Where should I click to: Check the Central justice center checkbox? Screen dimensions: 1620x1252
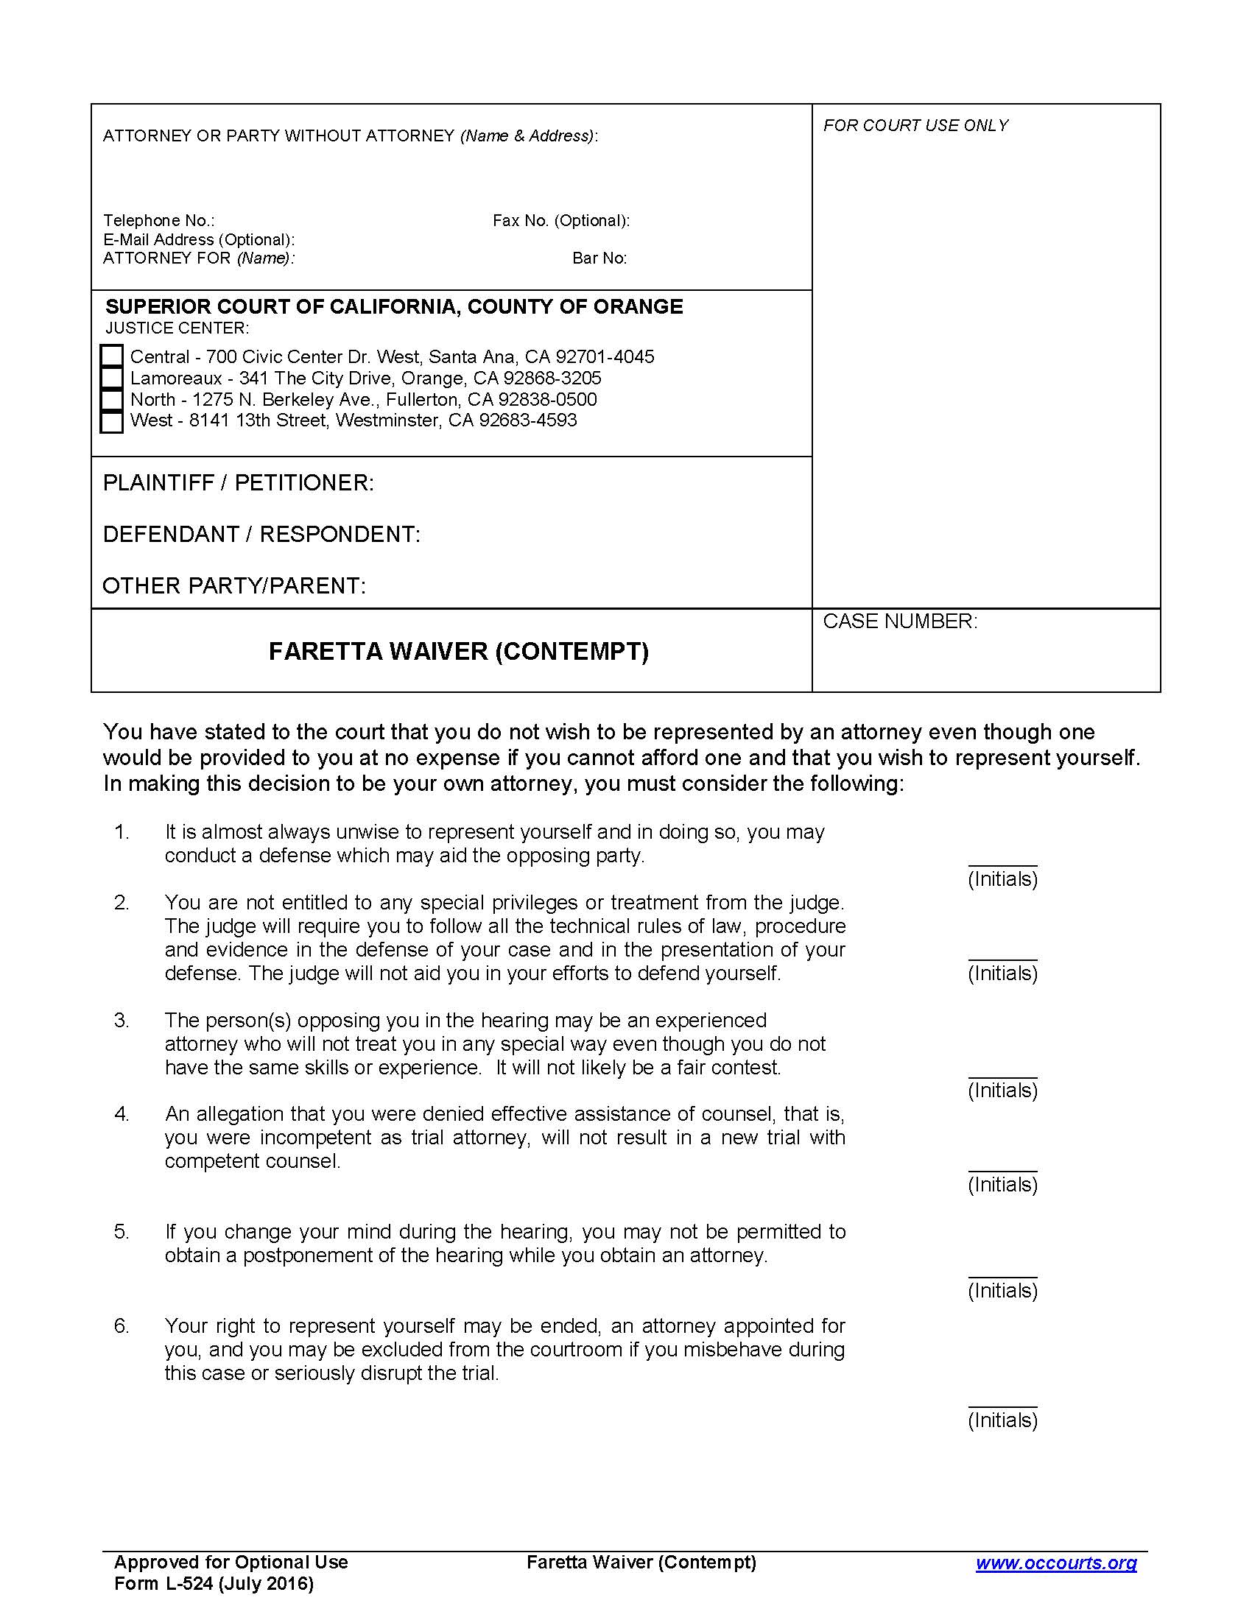(111, 356)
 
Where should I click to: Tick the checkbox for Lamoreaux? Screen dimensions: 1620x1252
(111, 378)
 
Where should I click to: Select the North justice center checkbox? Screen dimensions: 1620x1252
(111, 400)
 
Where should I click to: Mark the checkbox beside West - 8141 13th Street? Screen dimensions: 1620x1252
(111, 421)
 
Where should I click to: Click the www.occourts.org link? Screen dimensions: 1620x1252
(1055, 1563)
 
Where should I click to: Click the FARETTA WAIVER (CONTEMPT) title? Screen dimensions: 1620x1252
(458, 651)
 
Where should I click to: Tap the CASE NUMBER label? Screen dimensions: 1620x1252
(900, 621)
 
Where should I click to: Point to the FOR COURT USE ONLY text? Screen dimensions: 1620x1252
(915, 125)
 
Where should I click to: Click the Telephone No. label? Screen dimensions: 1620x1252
(159, 220)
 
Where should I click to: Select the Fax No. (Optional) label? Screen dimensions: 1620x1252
(560, 220)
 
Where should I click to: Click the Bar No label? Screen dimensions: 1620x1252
(599, 258)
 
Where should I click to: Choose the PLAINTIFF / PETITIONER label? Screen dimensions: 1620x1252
(238, 483)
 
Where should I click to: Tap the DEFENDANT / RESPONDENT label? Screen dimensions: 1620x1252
(261, 534)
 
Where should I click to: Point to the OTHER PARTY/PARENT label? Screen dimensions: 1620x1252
(233, 586)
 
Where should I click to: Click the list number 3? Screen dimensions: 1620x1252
(122, 1021)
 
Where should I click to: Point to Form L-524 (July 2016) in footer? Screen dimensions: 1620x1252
(214, 1584)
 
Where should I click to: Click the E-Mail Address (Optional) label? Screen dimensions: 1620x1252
(199, 239)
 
